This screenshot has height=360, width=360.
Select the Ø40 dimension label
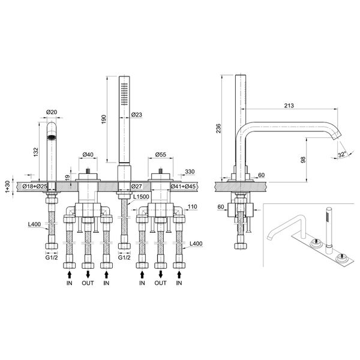(88, 155)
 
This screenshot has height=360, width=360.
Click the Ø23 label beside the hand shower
(136, 115)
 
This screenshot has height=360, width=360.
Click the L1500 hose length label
(142, 197)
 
